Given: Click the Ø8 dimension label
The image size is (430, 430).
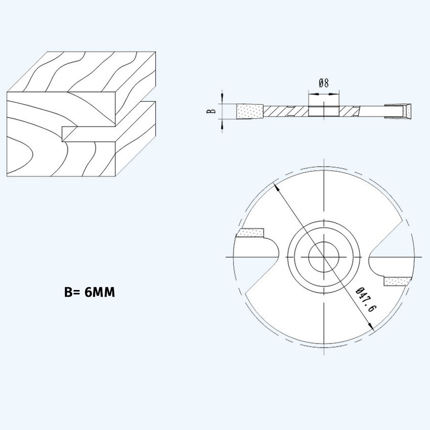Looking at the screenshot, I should tap(323, 83).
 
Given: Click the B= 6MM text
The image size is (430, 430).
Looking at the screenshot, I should tap(89, 292).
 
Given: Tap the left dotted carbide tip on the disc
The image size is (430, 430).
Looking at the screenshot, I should tap(251, 233).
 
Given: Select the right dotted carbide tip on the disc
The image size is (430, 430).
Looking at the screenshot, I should tap(398, 281).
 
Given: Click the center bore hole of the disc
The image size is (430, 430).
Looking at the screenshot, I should tap(323, 257).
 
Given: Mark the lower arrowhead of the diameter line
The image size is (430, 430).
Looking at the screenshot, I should tap(371, 326).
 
